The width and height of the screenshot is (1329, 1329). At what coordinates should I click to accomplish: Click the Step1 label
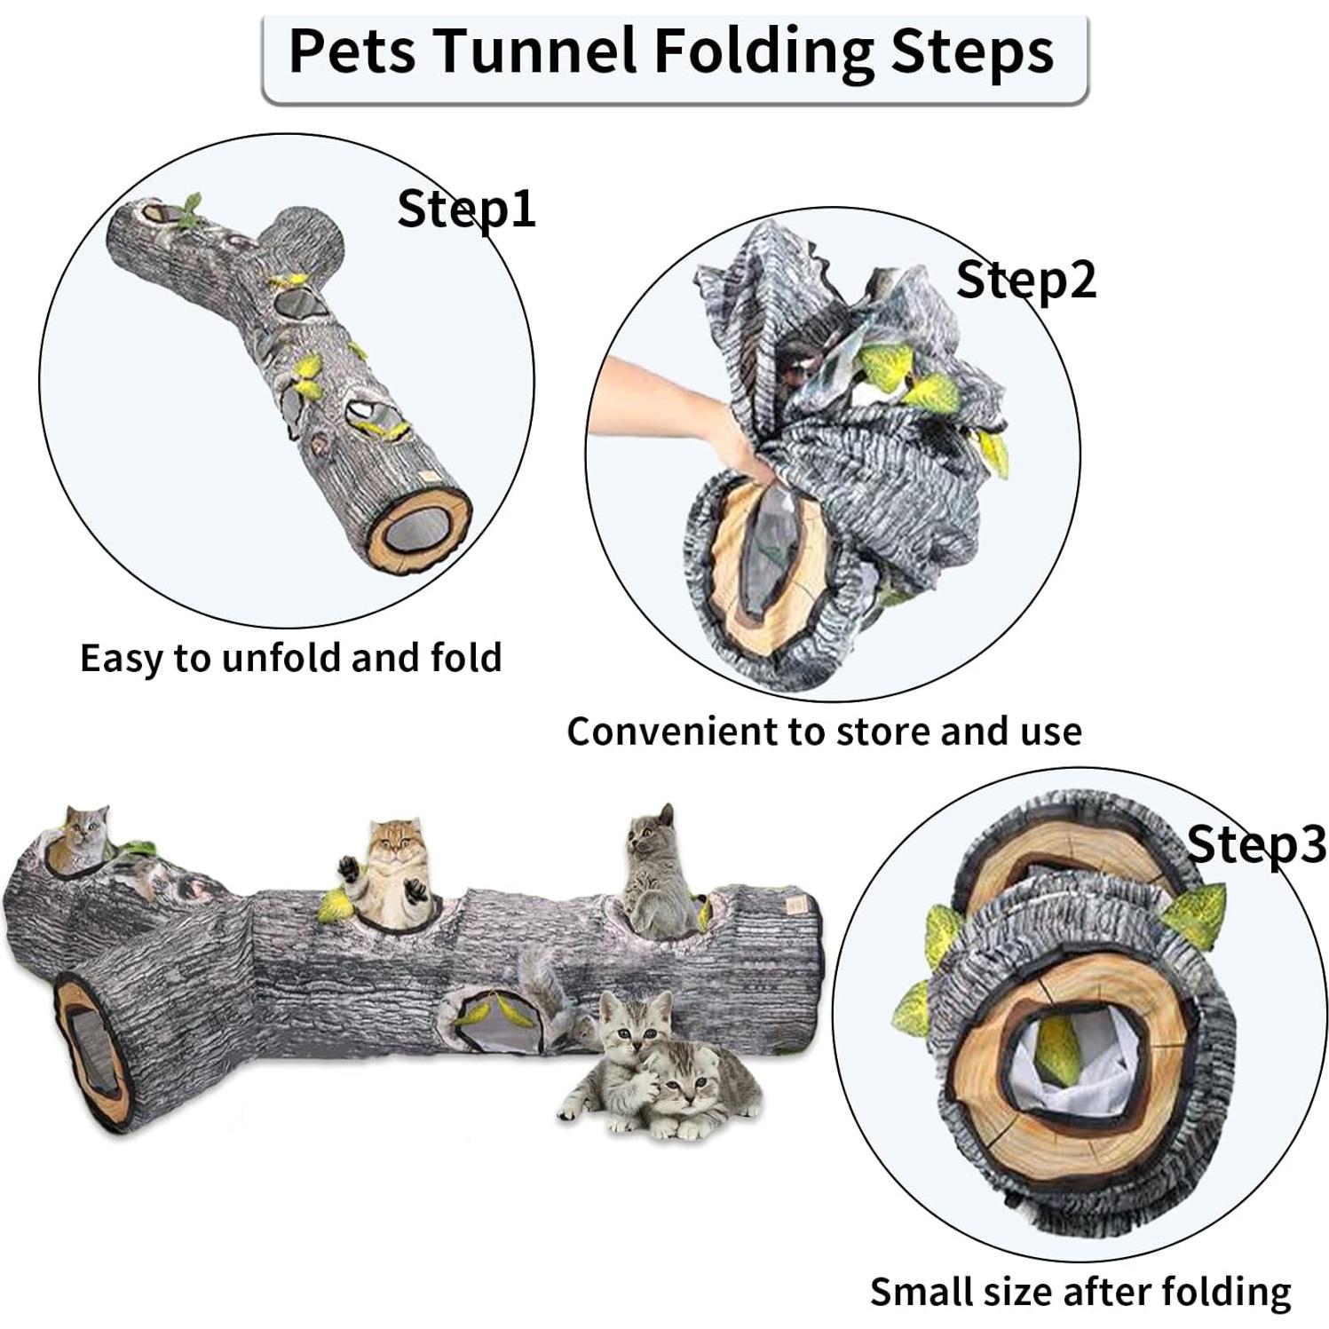tap(466, 210)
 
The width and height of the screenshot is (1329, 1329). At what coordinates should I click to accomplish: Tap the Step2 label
tap(1025, 280)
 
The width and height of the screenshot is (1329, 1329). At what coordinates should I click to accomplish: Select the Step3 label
tap(1255, 844)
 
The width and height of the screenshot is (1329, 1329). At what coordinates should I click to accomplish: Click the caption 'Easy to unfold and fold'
tap(291, 659)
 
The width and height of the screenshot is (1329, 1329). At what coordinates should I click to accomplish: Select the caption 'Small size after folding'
tap(1080, 1292)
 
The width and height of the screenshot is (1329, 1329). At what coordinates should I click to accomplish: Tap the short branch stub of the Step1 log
tap(306, 240)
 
